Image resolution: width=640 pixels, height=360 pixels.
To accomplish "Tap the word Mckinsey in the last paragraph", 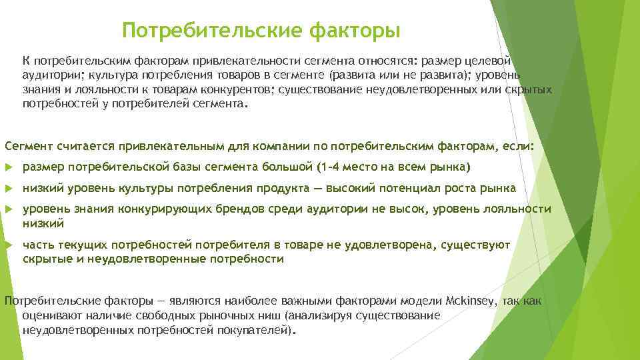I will (471, 301).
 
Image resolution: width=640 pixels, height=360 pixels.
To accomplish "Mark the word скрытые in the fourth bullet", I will (48, 259).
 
